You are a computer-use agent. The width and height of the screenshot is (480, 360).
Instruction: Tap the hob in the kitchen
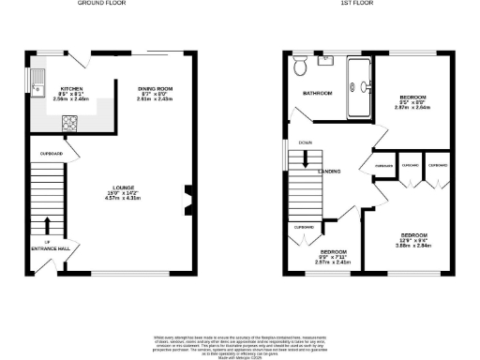[69, 121]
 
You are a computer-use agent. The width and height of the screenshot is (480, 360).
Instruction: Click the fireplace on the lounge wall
[188, 198]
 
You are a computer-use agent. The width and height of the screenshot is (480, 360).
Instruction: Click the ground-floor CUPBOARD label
[51, 153]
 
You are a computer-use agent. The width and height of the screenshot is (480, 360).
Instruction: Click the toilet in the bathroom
[301, 66]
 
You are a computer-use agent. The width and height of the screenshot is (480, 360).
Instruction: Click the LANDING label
[329, 171]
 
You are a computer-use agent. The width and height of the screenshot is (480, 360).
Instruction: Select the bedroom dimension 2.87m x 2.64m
[413, 108]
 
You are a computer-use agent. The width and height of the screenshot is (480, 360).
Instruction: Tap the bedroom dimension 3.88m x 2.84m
[413, 246]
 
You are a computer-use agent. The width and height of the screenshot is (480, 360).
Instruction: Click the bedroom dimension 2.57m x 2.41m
[334, 263]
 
